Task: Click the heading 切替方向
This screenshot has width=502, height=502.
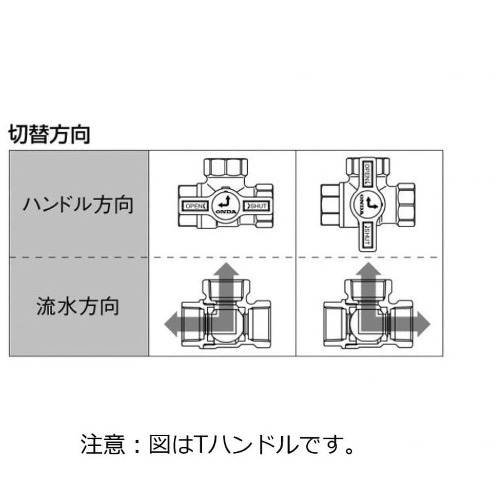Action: (50, 134)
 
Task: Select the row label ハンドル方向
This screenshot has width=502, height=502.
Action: (78, 205)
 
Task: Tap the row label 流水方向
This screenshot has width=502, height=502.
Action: (78, 306)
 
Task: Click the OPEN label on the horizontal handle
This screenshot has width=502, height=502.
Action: (195, 206)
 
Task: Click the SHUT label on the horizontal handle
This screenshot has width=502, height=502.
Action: (257, 206)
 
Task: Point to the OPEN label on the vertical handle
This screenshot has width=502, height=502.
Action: (368, 174)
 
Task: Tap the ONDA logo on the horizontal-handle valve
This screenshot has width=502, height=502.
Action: (226, 211)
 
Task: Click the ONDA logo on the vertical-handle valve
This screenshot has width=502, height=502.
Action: (361, 205)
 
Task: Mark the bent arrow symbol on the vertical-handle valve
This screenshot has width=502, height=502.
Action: (371, 203)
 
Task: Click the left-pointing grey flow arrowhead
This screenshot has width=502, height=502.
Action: (171, 324)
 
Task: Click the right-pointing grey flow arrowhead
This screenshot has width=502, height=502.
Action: (423, 324)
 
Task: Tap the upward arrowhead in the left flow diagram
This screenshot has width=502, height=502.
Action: (227, 270)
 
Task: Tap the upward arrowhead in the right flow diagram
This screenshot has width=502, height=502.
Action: (368, 270)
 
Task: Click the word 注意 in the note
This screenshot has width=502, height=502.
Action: (102, 444)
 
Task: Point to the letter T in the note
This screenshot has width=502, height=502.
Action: (200, 444)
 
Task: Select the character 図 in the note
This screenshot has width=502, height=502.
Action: (159, 444)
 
